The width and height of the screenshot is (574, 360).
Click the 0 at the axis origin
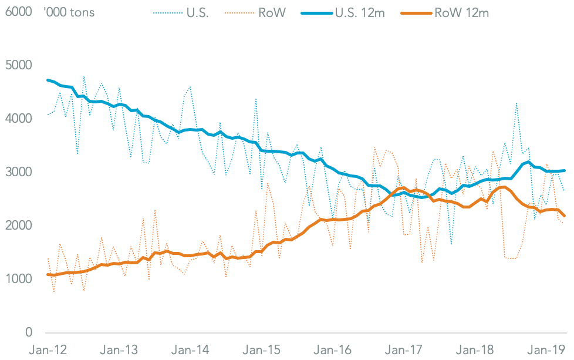[x=29, y=333]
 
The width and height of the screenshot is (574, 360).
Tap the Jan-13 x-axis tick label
[x=121, y=351]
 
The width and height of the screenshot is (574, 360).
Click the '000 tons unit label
[x=69, y=12]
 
